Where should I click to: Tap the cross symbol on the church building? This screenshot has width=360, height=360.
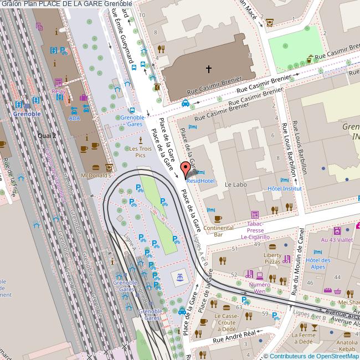[209, 69]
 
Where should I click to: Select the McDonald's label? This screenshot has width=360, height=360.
[96, 175]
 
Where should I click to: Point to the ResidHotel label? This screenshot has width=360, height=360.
[200, 181]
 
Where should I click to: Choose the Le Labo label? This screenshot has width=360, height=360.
[235, 184]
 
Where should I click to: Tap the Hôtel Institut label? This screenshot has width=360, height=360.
[285, 188]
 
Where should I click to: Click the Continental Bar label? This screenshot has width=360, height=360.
[218, 231]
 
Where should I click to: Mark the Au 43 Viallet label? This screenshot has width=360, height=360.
[337, 240]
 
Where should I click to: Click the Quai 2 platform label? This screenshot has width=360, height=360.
[47, 135]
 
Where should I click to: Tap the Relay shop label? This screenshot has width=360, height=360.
[58, 91]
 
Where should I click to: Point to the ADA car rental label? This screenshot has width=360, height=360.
[74, 118]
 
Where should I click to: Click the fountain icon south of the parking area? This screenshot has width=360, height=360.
[179, 276]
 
